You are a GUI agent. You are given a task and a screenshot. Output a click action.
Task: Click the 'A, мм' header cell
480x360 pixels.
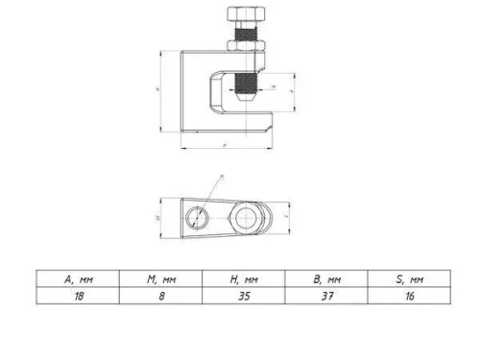[x=78, y=279]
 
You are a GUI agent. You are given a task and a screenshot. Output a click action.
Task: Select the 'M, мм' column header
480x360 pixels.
[x=159, y=279]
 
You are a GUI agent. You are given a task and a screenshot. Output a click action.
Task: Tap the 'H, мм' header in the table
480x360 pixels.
[x=243, y=279]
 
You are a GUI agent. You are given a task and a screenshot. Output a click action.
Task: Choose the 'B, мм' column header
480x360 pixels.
[x=327, y=279]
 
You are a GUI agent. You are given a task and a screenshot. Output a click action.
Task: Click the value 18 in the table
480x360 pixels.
[x=78, y=298]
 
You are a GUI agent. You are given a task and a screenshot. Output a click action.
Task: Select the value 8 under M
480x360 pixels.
[x=159, y=298]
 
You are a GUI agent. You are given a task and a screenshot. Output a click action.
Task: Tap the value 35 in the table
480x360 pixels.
[x=243, y=298]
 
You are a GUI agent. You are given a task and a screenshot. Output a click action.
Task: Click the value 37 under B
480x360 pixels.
[x=327, y=298]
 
